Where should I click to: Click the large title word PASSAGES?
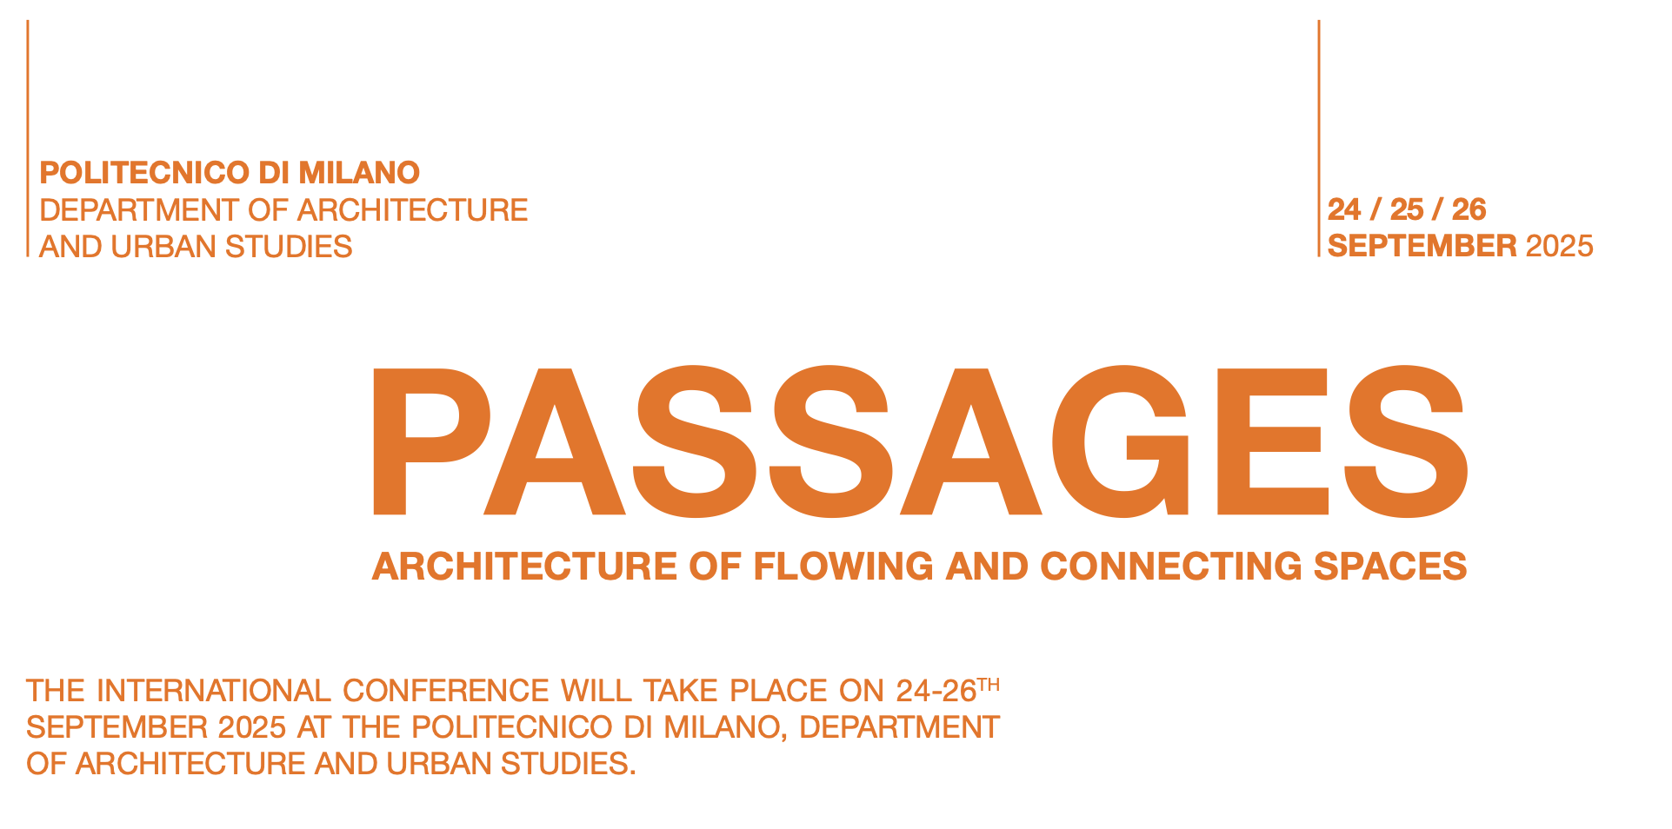point(920,441)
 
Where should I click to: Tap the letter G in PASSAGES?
point(1122,441)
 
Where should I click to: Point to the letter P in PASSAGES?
point(431,441)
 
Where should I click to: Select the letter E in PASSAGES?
point(1272,441)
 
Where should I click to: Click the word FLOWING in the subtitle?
point(843,567)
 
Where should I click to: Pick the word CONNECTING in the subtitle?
point(1171,567)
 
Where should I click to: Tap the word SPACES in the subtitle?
point(1390,567)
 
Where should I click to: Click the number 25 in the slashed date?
point(1407,209)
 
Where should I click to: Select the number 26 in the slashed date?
point(1469,209)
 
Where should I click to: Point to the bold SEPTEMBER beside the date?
point(1422,246)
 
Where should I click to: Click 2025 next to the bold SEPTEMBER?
point(1560,246)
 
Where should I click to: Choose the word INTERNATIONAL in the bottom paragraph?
point(214,691)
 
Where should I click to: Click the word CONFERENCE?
point(446,691)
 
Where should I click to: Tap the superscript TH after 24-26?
point(989,685)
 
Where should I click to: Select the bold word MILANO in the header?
point(359,173)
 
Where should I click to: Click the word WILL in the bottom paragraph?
point(596,691)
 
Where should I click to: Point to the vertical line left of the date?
point(1319,138)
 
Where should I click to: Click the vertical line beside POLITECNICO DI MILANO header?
point(28,138)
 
